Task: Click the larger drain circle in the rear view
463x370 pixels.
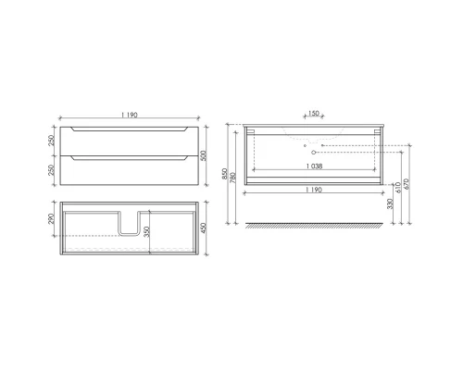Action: tap(312, 146)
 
